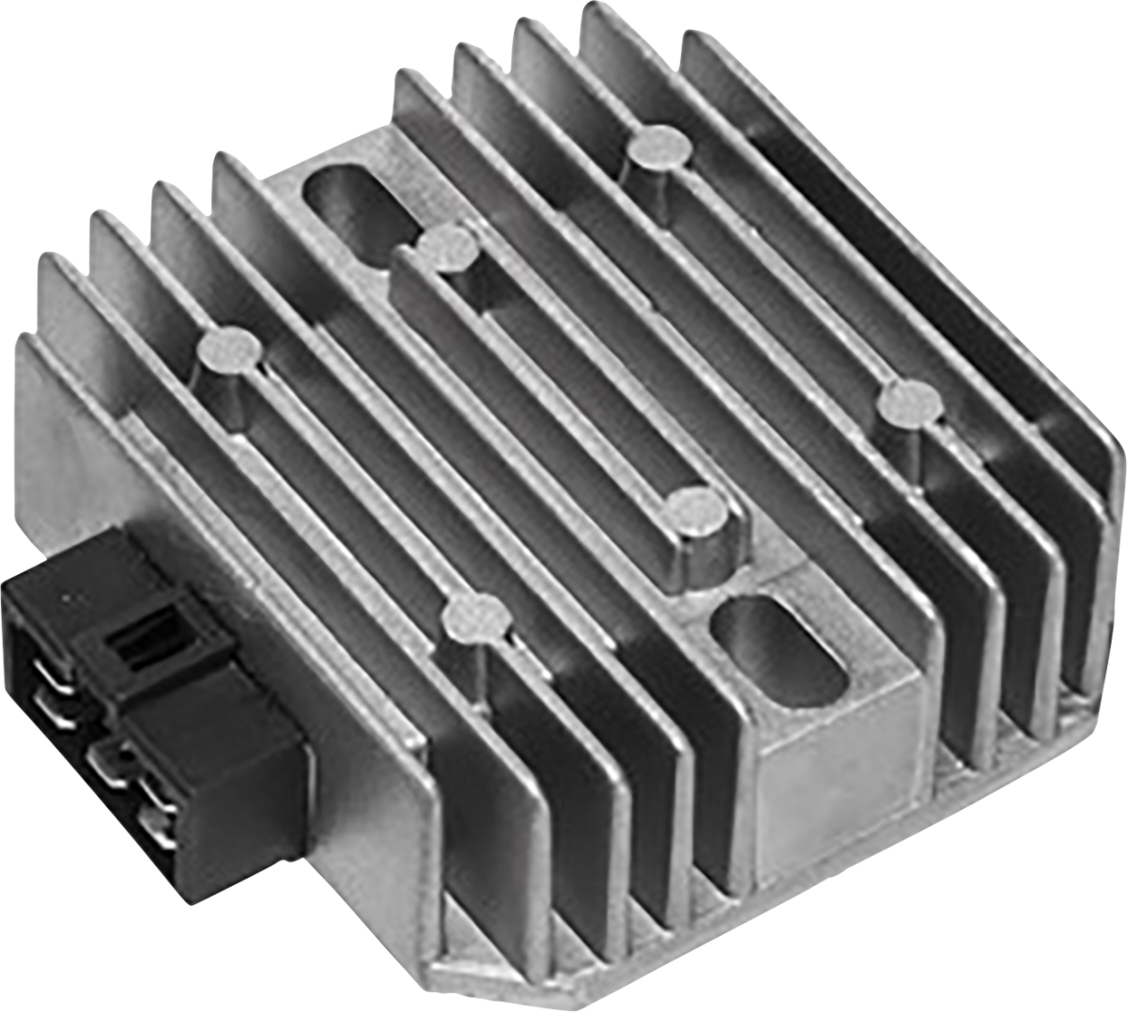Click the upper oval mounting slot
[x=350, y=201]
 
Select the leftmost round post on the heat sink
[x=228, y=351]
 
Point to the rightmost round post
[x=908, y=405]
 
